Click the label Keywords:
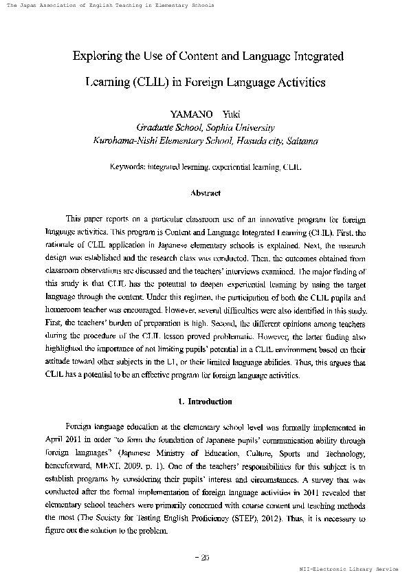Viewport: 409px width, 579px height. point(128,167)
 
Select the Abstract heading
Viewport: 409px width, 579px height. point(205,193)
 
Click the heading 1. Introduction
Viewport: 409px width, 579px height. point(205,402)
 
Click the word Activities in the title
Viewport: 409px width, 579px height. point(298,83)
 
